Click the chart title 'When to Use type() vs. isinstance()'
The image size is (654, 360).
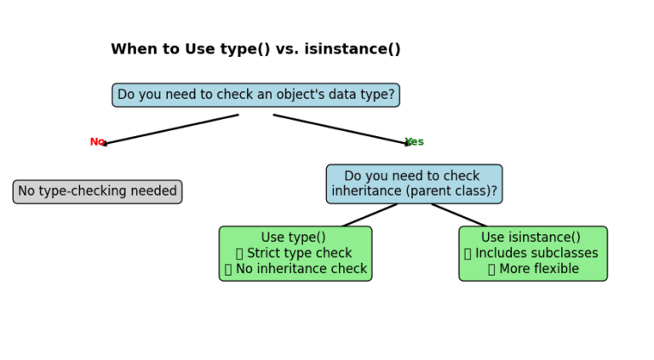[255, 49]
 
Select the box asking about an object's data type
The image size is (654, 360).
[255, 95]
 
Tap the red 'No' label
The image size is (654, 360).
[97, 142]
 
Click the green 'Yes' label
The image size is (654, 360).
[415, 142]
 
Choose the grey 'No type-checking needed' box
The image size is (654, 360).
[97, 191]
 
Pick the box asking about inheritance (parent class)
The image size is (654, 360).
[414, 184]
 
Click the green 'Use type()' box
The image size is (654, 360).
[295, 254]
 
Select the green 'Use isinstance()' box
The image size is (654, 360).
[532, 254]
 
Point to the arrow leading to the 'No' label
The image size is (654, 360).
[170, 129]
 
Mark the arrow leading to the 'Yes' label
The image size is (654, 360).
[341, 129]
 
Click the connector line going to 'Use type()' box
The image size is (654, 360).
[370, 214]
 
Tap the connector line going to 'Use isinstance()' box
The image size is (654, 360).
[458, 214]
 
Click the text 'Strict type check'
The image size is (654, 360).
[299, 254]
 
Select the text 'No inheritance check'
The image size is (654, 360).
[301, 269]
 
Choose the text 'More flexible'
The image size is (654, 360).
[539, 269]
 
